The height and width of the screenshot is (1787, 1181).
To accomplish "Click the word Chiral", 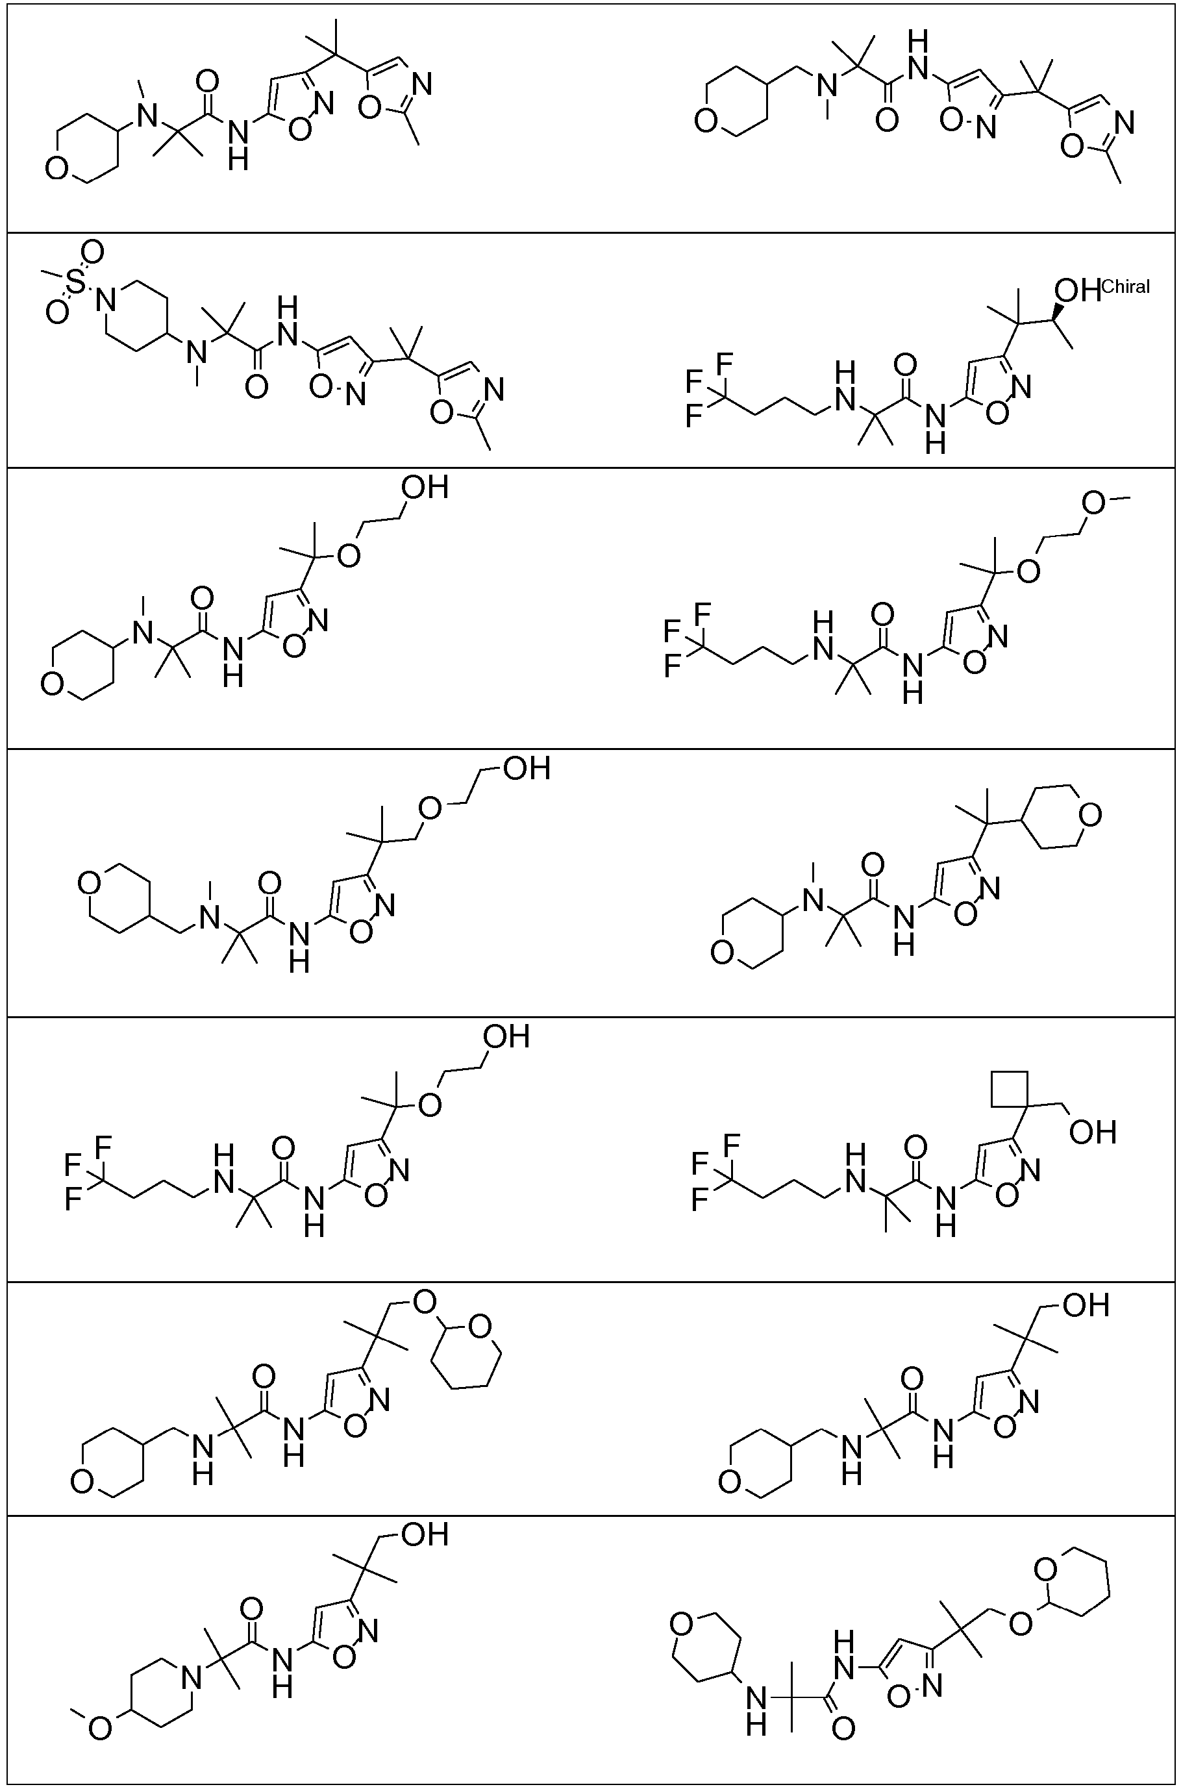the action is point(1125,287).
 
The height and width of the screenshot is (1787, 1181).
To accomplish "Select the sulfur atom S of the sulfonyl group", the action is point(75,282).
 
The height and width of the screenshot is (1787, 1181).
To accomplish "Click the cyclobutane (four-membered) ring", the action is point(1010,1088).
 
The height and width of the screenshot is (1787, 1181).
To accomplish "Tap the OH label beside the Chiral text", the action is point(1077,290).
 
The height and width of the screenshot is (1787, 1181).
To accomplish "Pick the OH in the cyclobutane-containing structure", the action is point(1092,1132).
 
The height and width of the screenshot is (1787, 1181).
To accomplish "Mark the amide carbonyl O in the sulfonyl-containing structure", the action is point(257,387).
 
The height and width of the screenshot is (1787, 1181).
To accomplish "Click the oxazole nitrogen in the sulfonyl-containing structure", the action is point(493,390).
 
